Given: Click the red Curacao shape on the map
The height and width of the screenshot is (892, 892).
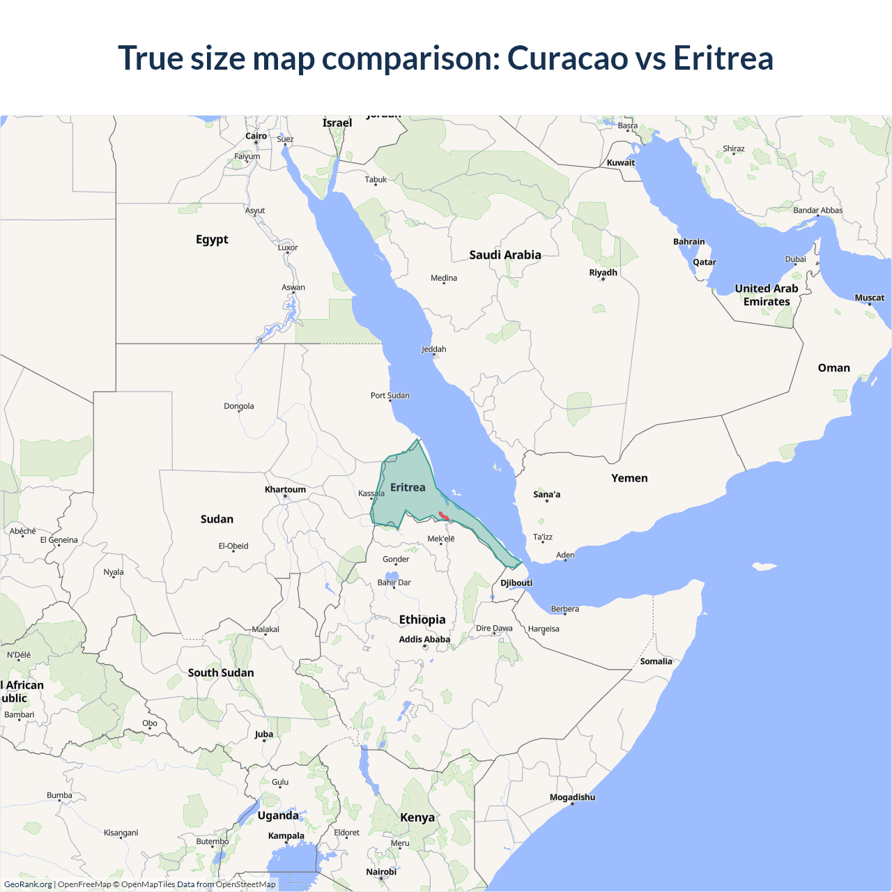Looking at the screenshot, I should click(x=444, y=516).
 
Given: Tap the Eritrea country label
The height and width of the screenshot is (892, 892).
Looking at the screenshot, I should click(x=408, y=487).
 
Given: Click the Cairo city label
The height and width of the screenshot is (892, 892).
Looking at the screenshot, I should click(x=256, y=136).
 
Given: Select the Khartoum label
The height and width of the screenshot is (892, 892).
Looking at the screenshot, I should click(x=285, y=489).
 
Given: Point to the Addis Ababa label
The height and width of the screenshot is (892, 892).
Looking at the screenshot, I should click(x=424, y=639).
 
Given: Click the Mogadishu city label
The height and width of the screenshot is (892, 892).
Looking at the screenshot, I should click(x=572, y=797).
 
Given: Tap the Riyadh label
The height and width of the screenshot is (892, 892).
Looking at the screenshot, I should click(x=603, y=272).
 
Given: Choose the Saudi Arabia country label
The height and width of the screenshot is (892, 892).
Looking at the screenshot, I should click(x=505, y=255).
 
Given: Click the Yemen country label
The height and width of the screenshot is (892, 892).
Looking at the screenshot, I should click(x=629, y=478).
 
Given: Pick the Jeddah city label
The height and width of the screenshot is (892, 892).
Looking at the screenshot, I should click(x=433, y=349).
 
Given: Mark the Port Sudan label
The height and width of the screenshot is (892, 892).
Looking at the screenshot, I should click(x=390, y=395).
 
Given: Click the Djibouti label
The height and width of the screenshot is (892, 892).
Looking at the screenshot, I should click(x=516, y=583).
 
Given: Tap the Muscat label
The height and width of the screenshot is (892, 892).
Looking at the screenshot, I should click(x=869, y=298).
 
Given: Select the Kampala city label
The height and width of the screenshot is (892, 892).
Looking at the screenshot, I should click(x=286, y=836).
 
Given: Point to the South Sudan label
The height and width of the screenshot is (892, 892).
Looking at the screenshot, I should click(x=221, y=672).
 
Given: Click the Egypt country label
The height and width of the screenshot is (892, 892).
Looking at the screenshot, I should click(x=212, y=239).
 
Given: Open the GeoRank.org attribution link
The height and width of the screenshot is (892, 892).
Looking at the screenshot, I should click(x=28, y=884).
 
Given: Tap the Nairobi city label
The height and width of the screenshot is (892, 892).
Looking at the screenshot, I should click(x=381, y=872).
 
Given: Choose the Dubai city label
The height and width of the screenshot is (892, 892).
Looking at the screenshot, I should click(x=795, y=259).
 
